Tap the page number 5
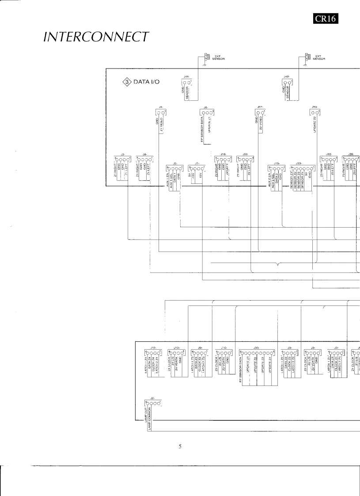click(180, 447)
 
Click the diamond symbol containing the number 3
click(125, 82)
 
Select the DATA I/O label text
click(147, 82)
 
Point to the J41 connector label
click(186, 77)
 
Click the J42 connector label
click(286, 77)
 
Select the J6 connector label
click(205, 107)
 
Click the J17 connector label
click(260, 107)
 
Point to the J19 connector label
click(315, 107)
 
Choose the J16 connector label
click(223, 154)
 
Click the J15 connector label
click(277, 163)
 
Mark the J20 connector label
click(245, 154)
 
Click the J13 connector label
click(177, 348)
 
